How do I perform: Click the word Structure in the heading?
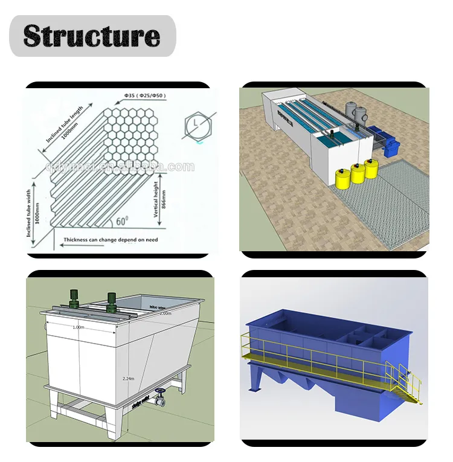tap(92, 36)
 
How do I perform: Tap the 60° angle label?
tap(122, 222)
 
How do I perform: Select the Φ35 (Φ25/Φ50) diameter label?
tap(146, 95)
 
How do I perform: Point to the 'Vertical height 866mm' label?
tap(159, 200)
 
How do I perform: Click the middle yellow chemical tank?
tap(358, 174)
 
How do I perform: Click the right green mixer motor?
tap(111, 301)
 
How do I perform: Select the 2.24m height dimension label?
tap(128, 378)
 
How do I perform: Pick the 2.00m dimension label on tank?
tap(165, 313)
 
